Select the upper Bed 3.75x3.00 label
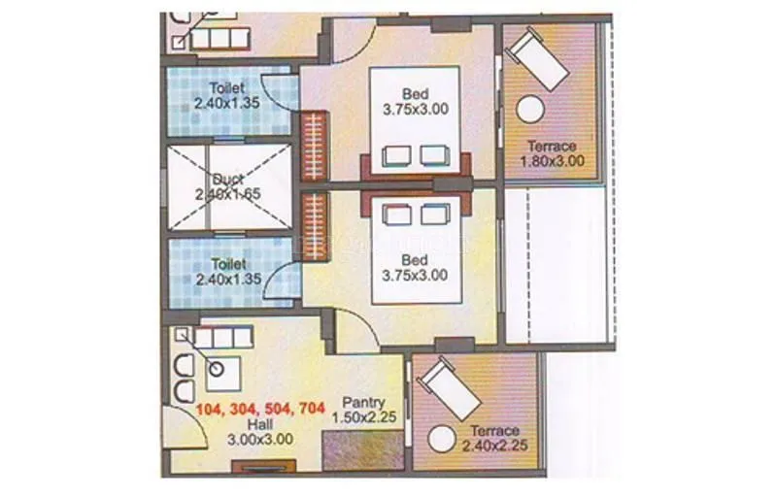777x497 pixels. (416, 101)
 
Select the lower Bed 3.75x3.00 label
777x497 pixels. (416, 268)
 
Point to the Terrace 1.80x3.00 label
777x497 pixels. (551, 154)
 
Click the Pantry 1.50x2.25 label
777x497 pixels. (364, 409)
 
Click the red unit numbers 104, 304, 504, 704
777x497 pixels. (260, 409)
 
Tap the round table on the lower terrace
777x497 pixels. (443, 438)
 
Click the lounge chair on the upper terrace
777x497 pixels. (540, 59)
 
